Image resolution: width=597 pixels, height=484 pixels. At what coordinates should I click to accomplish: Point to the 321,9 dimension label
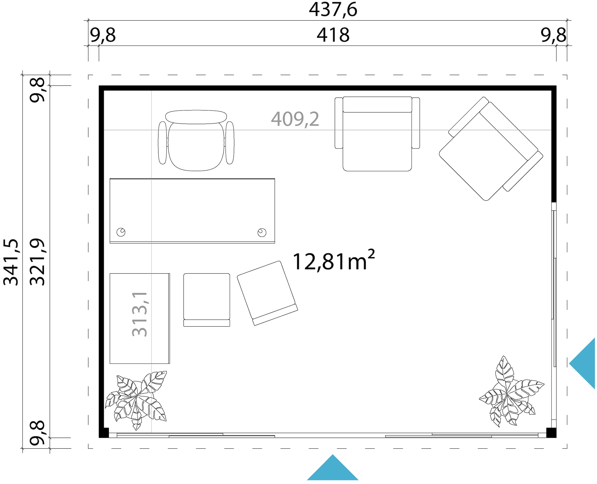[37, 262]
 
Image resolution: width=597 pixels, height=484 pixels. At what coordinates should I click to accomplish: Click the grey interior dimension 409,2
[295, 119]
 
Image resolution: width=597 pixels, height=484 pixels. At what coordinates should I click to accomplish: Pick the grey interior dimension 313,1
[139, 314]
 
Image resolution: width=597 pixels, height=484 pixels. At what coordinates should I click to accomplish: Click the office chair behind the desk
[196, 141]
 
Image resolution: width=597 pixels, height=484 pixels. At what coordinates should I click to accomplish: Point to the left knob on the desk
[121, 232]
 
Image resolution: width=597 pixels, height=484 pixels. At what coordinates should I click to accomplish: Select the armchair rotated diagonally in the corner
[491, 149]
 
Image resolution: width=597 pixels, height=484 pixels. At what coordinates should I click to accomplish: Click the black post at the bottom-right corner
[551, 433]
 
